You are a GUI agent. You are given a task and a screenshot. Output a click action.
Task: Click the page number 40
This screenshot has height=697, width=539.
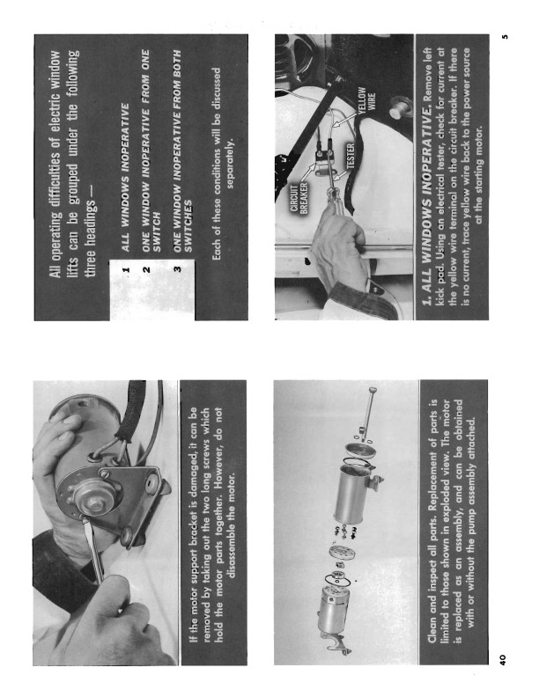tap(502, 660)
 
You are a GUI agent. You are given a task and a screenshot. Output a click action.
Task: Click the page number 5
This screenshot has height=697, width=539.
tap(504, 37)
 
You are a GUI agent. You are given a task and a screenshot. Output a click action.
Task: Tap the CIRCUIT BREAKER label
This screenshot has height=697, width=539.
tap(299, 197)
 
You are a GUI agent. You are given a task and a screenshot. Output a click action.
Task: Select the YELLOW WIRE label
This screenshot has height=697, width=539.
tap(366, 100)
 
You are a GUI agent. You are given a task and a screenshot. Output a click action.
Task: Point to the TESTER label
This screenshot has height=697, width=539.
tap(351, 156)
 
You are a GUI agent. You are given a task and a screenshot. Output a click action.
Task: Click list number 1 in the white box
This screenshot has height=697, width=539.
tap(126, 269)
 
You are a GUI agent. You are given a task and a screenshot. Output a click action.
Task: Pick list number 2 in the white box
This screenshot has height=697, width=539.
tap(146, 269)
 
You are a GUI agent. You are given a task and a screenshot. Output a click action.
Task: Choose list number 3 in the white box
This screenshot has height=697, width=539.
tap(177, 269)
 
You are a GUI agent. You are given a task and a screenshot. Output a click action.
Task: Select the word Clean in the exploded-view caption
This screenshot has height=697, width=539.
tap(432, 629)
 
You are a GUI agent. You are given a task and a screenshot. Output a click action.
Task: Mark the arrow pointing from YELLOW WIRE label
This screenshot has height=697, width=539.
tap(344, 119)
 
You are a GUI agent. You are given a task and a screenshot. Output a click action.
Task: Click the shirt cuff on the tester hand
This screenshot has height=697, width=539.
tap(356, 300)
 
